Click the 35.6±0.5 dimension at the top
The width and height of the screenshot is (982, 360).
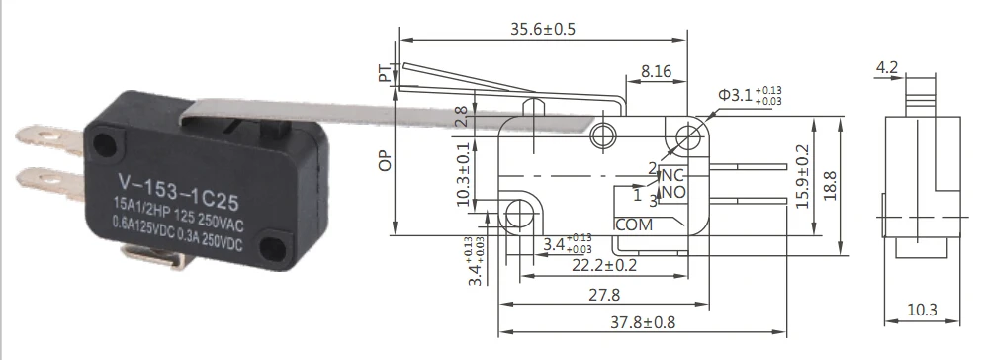click(543, 29)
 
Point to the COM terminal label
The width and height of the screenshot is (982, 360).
click(634, 225)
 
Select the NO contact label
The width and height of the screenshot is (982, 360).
click(673, 191)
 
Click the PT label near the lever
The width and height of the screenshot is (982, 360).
click(384, 74)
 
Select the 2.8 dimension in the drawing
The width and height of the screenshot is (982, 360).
click(460, 118)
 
